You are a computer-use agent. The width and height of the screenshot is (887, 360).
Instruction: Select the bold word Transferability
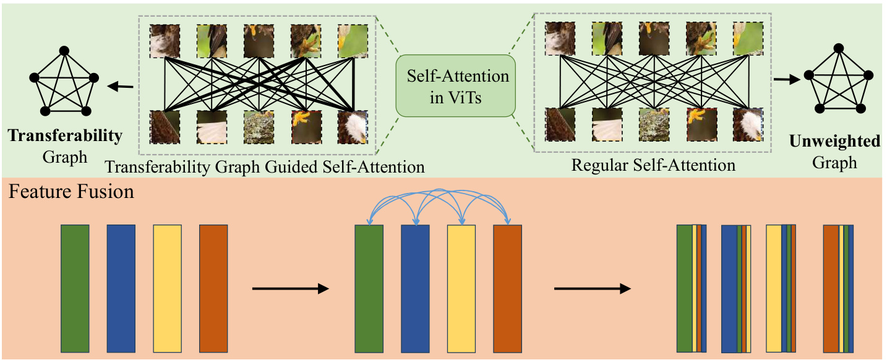pos(65,136)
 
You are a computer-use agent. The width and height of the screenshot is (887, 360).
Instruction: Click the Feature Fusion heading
pos(71,191)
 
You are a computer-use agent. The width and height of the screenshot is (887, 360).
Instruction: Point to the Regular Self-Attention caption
pos(653,166)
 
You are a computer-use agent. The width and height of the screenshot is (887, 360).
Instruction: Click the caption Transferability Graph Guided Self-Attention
pos(265,166)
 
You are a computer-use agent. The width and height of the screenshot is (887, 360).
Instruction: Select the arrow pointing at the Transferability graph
pos(124,87)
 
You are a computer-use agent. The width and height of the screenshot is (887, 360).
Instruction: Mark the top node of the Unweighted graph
pos(838,47)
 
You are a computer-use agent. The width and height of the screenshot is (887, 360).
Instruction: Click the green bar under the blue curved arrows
pos(369,288)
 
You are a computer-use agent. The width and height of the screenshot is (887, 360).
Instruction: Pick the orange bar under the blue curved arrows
pos(507,288)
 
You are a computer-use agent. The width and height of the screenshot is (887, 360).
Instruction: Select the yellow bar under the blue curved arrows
pos(461,288)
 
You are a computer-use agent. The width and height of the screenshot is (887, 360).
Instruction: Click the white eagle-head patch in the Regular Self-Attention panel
pos(747,125)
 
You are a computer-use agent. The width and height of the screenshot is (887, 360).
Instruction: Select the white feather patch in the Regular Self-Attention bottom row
pos(607,125)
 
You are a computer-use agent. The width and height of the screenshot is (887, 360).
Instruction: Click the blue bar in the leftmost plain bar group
pos(121,288)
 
